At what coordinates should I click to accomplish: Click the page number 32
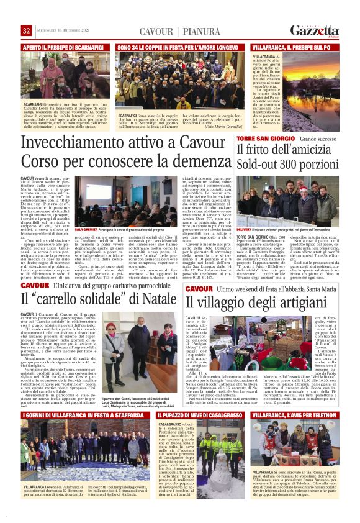27,30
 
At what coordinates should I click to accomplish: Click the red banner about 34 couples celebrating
180,47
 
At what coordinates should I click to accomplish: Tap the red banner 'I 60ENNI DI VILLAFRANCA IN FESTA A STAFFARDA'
83,414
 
